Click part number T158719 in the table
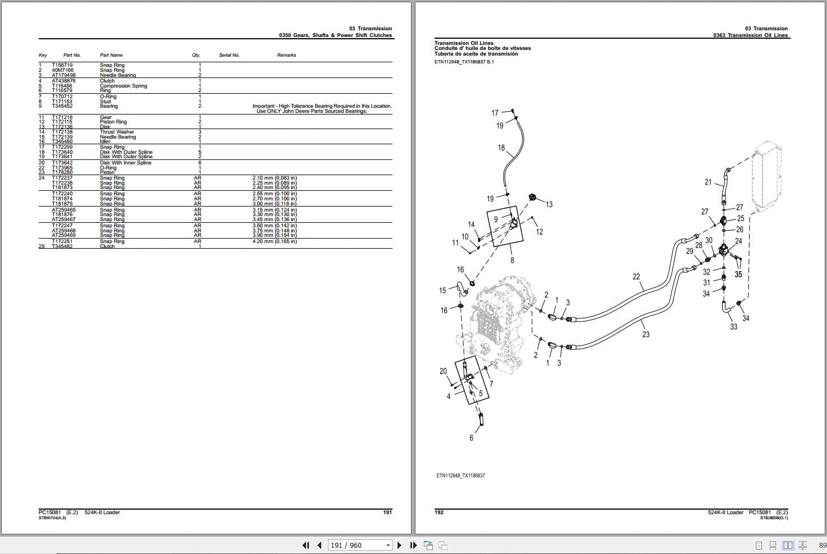coord(62,65)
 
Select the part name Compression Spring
coord(123,86)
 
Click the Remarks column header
coord(286,55)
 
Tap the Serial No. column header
coord(229,55)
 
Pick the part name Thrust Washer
coord(117,132)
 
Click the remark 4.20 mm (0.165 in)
coord(274,241)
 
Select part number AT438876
coord(63,81)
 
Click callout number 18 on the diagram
coord(501,148)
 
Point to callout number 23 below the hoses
coord(646,335)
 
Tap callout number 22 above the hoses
coord(636,277)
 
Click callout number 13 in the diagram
coord(549,205)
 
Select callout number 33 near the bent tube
coord(733,327)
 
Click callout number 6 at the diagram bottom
coord(471,438)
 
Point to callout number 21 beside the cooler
coord(708,182)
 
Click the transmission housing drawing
coord(493,320)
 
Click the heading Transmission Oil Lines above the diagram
coord(464,43)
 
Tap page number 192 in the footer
coord(439,512)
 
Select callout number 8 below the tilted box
coord(512,260)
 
